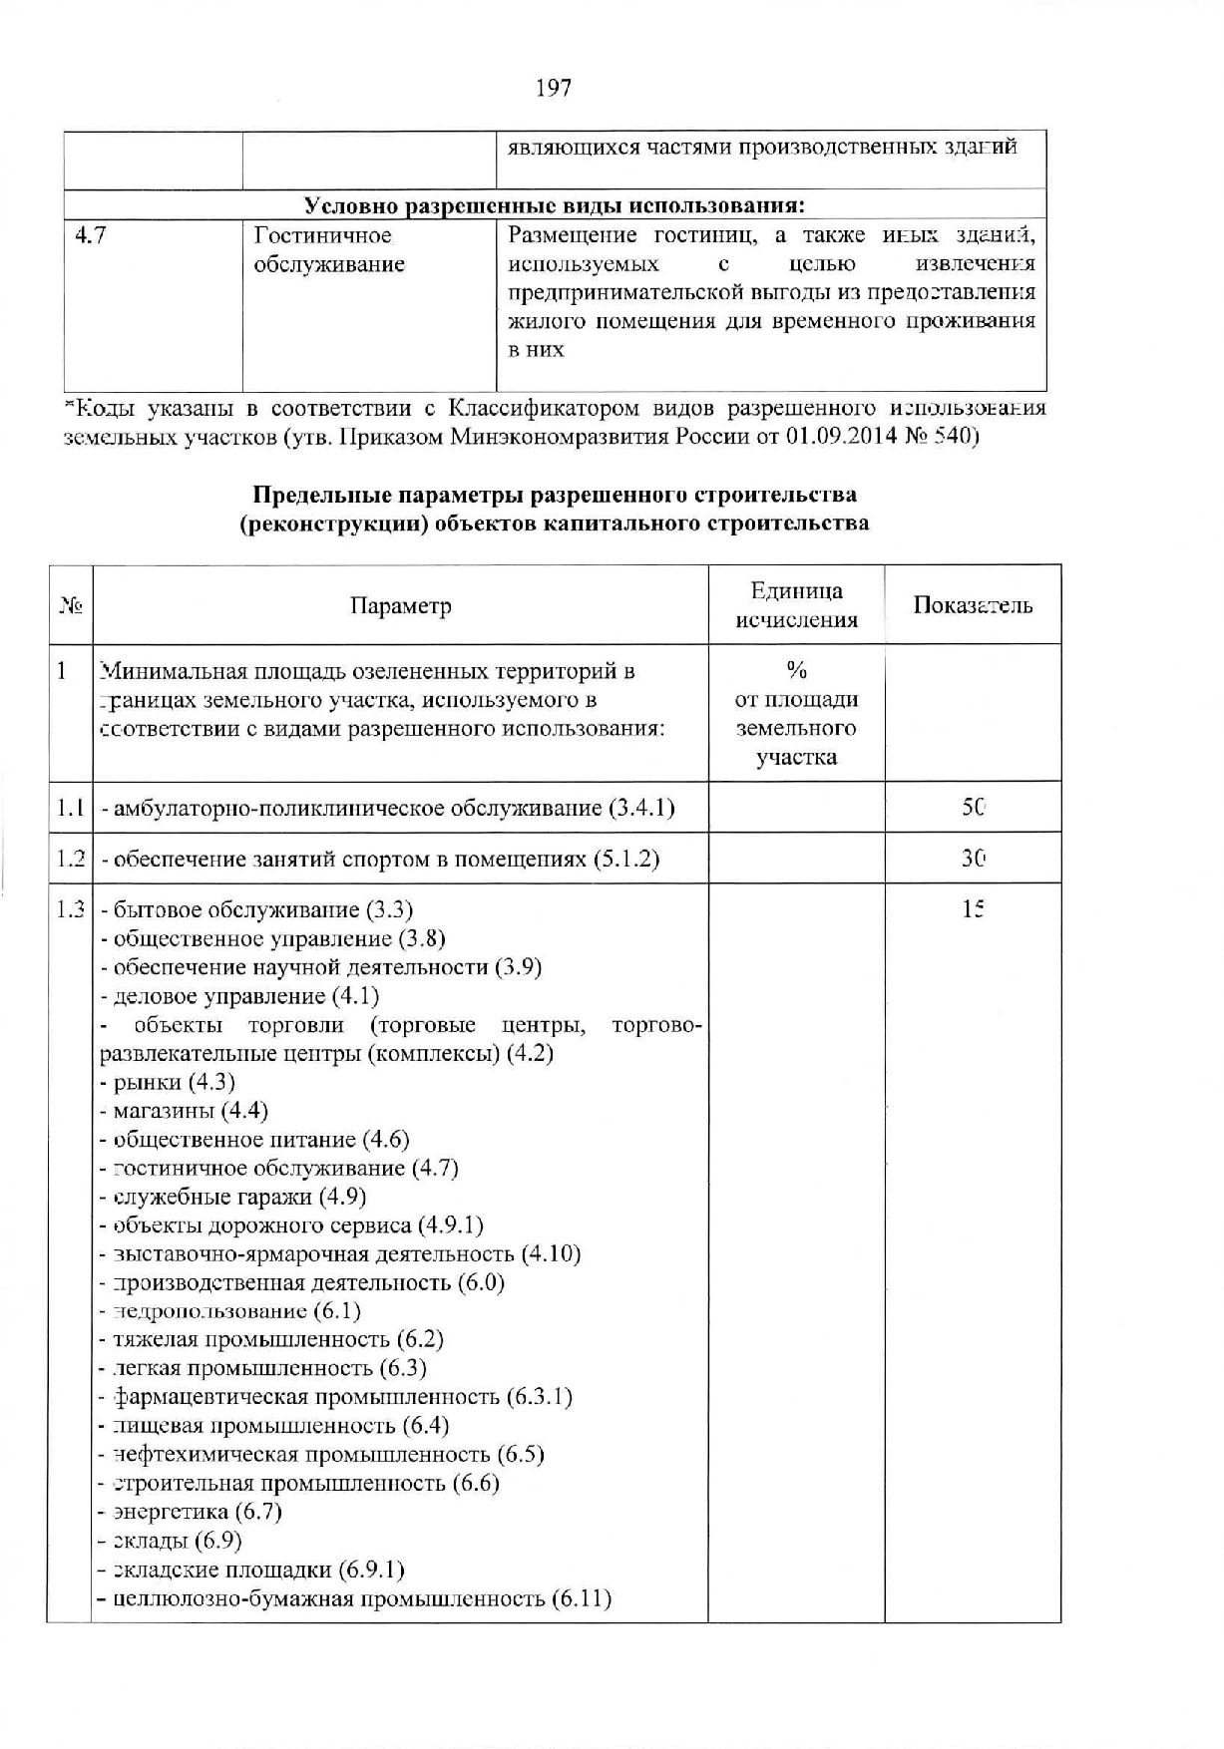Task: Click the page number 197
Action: [554, 88]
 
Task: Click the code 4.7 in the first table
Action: [91, 236]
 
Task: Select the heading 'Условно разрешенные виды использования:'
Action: [554, 205]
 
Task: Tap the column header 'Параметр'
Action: [400, 606]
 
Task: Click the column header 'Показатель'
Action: [973, 605]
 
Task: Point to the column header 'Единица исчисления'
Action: [796, 605]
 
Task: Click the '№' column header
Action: [71, 605]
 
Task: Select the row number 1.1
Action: [70, 808]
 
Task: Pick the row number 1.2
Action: [70, 859]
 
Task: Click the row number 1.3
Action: [70, 909]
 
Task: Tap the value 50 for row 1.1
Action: [974, 807]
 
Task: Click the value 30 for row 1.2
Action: [974, 858]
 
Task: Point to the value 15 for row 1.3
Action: [974, 908]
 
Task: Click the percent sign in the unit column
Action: [796, 670]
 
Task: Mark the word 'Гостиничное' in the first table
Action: [323, 236]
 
